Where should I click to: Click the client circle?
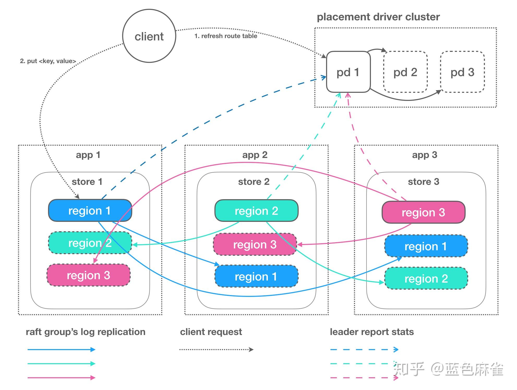point(149,36)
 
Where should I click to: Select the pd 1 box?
point(348,72)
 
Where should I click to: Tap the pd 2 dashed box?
point(405,72)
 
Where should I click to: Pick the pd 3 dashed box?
point(462,72)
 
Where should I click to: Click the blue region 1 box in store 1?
point(90,210)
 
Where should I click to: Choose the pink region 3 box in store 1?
point(88,275)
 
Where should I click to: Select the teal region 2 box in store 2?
point(256,211)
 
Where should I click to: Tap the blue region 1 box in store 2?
point(256,276)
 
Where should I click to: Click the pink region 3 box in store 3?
point(423,212)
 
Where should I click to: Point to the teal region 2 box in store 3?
point(426,278)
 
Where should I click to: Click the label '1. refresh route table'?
point(226,36)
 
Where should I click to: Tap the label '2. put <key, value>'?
point(48,61)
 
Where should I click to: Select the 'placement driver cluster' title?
point(378,17)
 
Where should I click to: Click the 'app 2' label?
point(255,155)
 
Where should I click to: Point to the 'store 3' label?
point(423,181)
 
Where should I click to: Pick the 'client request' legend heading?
point(211,332)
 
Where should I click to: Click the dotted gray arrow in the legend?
point(216,350)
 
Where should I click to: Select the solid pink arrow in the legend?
point(61,377)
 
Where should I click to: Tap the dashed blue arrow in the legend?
point(364,350)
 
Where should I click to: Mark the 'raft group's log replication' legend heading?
point(86,332)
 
